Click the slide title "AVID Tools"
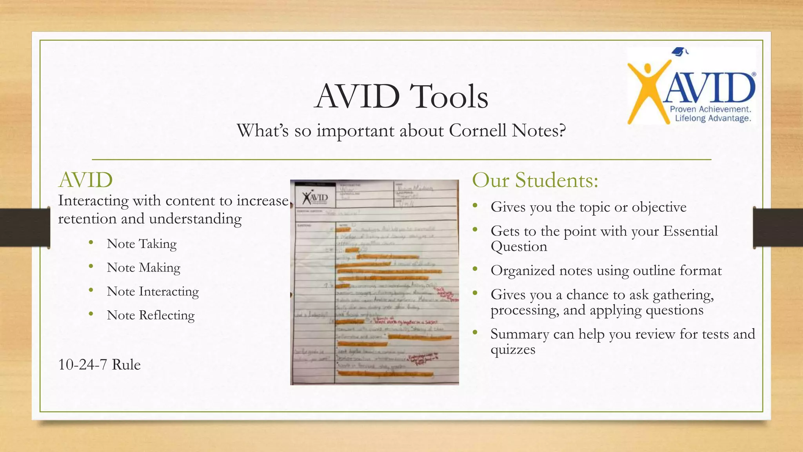click(x=401, y=97)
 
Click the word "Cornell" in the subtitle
click(x=478, y=131)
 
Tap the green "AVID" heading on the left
click(x=85, y=180)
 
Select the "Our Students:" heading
click(x=535, y=180)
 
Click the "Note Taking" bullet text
click(x=142, y=244)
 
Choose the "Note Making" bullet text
click(x=144, y=268)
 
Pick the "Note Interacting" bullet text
click(x=153, y=292)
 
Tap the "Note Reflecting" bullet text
click(x=151, y=315)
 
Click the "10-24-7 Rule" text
click(x=99, y=365)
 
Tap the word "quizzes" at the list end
click(x=512, y=349)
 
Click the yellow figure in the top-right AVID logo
click(x=647, y=90)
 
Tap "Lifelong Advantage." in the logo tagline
click(x=712, y=118)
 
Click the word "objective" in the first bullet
click(x=659, y=207)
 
